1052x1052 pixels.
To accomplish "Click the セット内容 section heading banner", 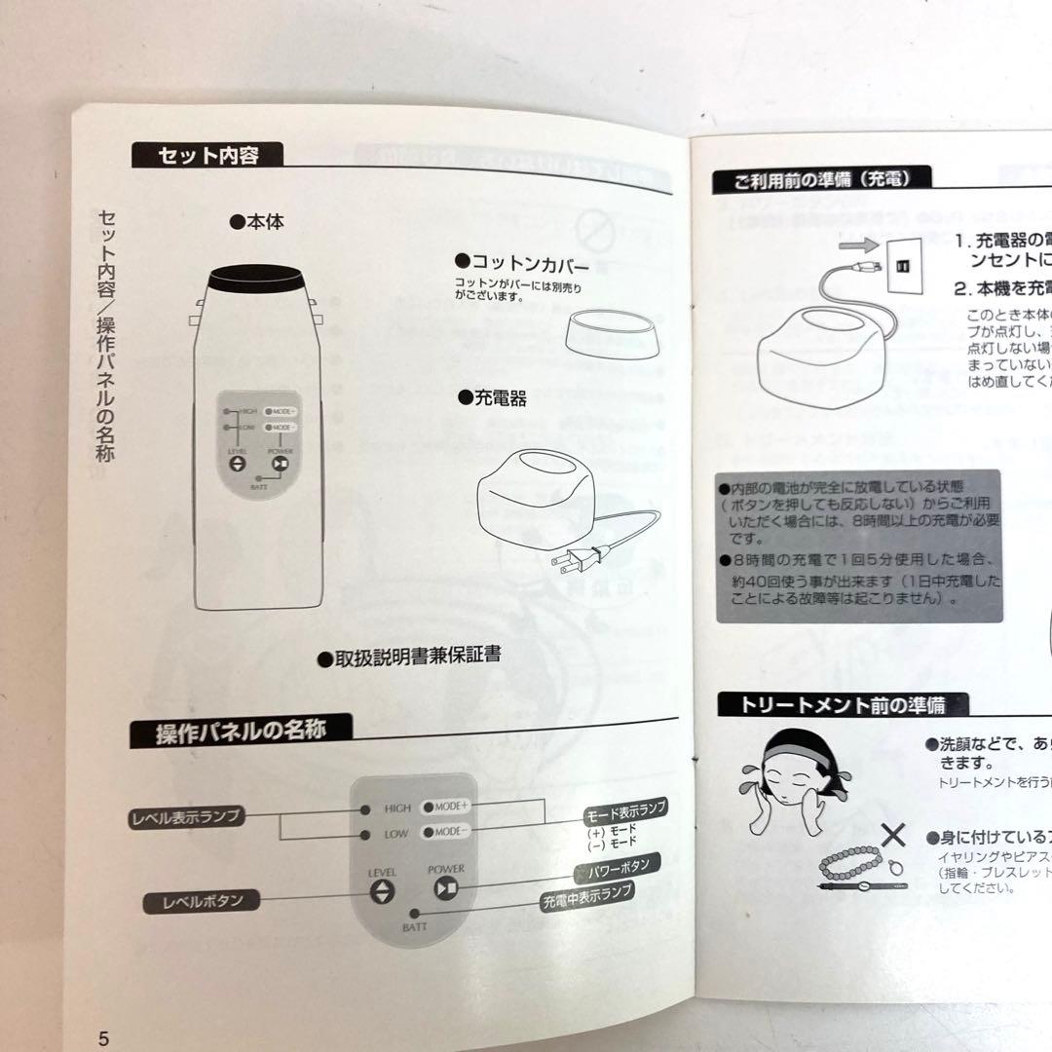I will click(208, 155).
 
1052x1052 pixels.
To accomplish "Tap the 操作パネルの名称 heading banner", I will click(240, 731).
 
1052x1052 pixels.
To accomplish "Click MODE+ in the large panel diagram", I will click(446, 807).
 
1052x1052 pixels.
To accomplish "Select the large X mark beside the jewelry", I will click(894, 836).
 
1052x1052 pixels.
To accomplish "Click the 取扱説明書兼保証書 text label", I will click(410, 657).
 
